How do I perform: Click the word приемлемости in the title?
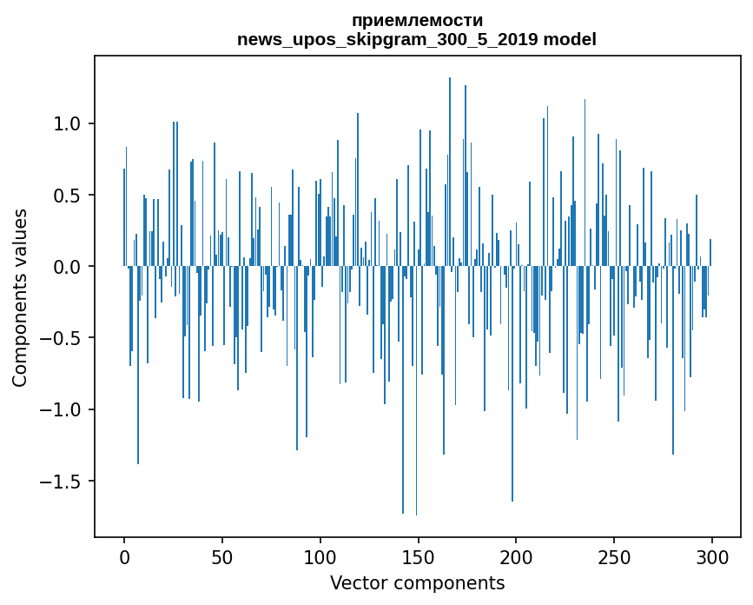tap(417, 20)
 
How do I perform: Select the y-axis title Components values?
tap(20, 297)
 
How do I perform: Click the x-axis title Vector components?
tap(417, 582)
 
